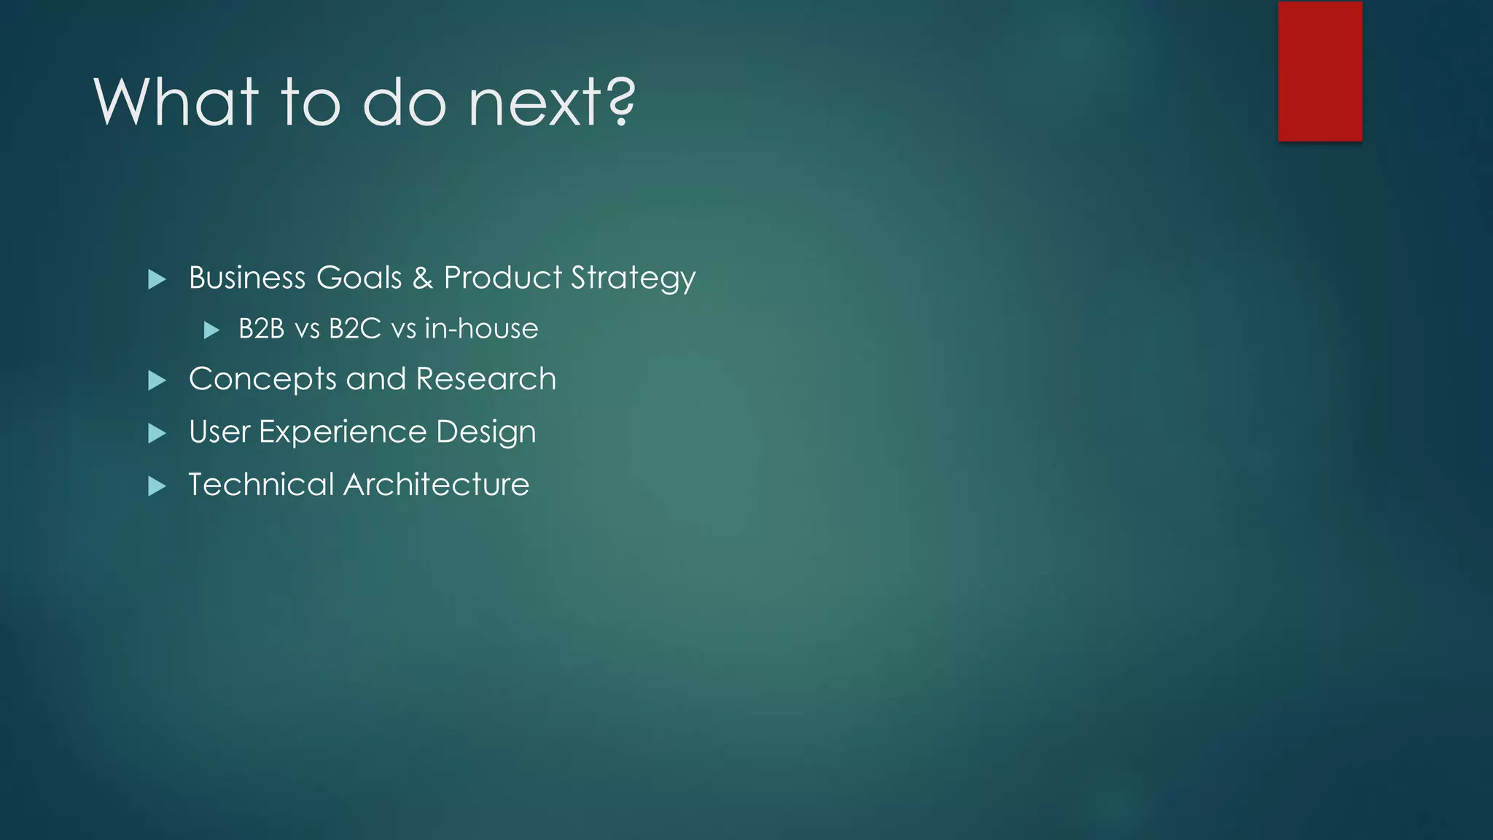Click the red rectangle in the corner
[1319, 71]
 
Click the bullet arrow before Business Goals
[157, 279]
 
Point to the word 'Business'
[247, 278]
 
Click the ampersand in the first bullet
[423, 278]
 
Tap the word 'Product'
[503, 278]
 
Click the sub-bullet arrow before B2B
[211, 330]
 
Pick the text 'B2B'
[261, 329]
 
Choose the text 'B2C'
[355, 329]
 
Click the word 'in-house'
[481, 329]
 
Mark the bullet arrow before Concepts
[157, 381]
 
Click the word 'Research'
[486, 379]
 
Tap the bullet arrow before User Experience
[157, 433]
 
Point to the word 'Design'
[486, 432]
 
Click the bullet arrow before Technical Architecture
[157, 486]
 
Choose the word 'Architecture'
[437, 485]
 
